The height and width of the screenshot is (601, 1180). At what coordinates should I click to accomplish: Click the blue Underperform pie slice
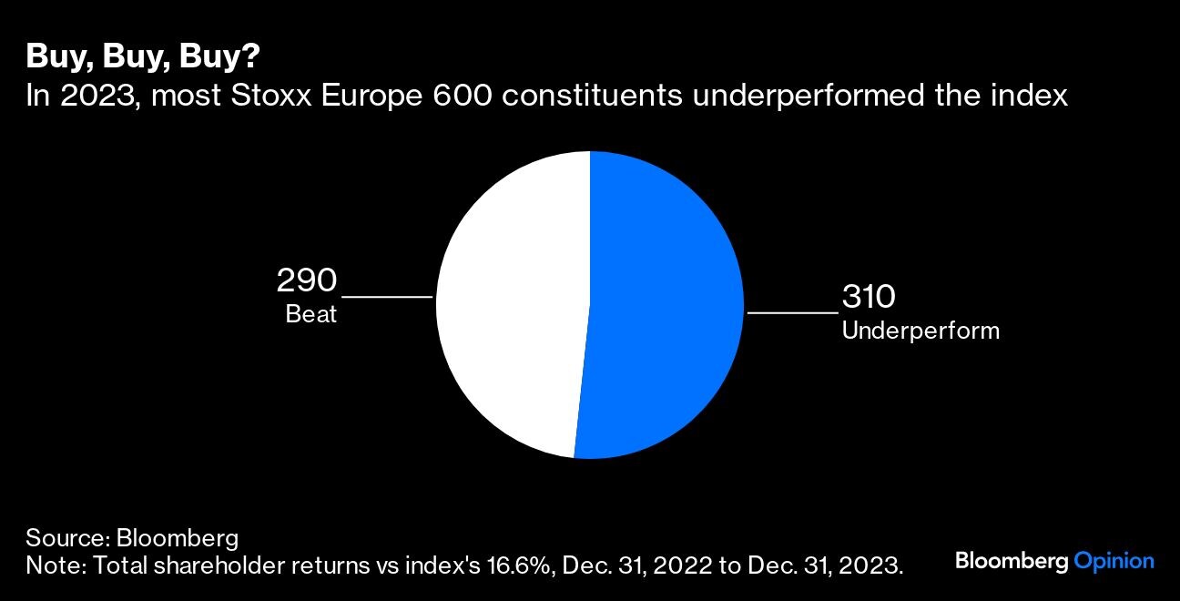[x=665, y=305]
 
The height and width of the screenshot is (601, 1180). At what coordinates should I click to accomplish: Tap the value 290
[x=307, y=280]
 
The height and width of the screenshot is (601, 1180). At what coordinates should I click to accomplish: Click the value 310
[x=869, y=297]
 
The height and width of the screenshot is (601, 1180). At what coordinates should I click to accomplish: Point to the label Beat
[x=311, y=315]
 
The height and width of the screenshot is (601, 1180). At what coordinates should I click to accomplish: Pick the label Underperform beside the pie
[x=920, y=331]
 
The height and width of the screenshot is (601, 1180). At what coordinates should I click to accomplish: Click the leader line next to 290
[x=387, y=297]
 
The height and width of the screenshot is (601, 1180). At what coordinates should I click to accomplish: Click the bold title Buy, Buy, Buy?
[x=143, y=57]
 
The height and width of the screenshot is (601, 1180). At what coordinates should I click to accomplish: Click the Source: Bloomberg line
[x=132, y=535]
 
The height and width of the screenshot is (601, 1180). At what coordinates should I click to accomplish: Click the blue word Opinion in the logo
[x=1114, y=561]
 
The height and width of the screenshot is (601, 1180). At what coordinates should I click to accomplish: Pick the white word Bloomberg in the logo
[x=1011, y=561]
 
